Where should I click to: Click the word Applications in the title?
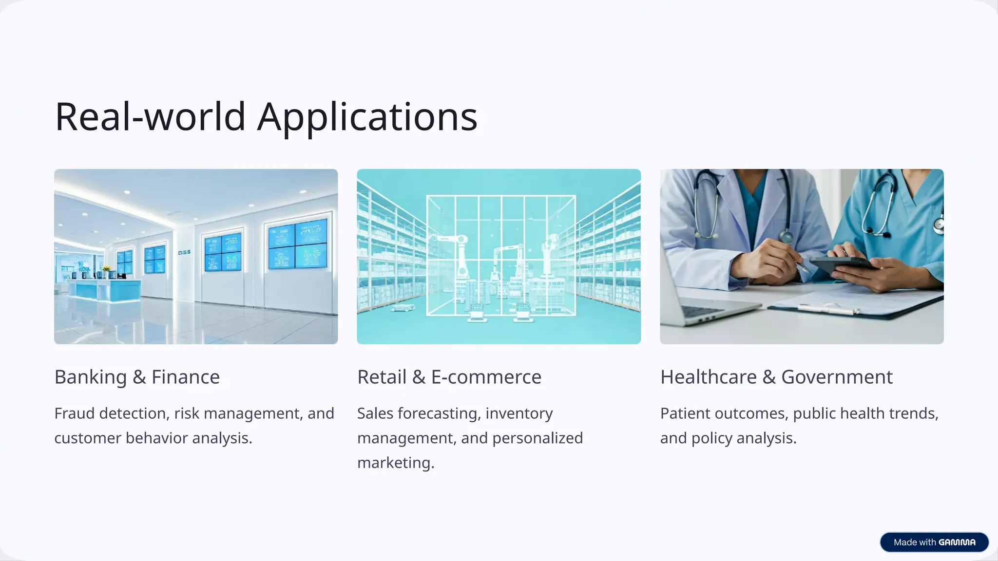point(367,118)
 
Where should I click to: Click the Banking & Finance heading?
point(137,377)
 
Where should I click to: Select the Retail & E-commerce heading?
point(449,377)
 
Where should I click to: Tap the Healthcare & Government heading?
point(776,377)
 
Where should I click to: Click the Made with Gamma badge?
point(934,542)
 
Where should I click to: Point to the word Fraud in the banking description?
point(75,413)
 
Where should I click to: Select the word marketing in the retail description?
point(395,463)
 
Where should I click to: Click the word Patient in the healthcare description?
point(686,413)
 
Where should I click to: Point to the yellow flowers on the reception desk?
point(106,269)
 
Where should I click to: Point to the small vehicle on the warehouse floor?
point(403,308)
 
